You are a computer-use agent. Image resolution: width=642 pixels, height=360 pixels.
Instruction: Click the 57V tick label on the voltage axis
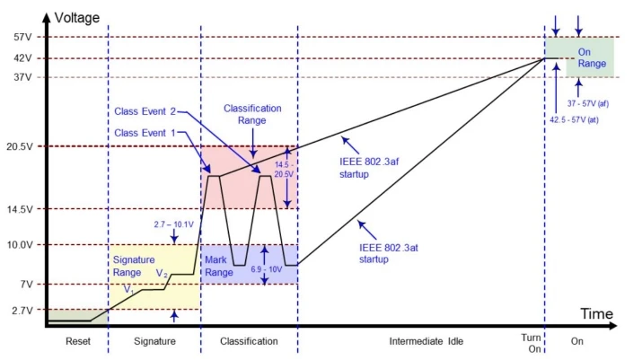[22, 38]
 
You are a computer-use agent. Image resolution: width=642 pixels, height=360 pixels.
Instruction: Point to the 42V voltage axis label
[22, 58]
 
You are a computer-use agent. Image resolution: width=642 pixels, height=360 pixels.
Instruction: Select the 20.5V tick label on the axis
[19, 146]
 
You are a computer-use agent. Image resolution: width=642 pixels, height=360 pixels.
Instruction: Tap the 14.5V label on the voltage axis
[19, 209]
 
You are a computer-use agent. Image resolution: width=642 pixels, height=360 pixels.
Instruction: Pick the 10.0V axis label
[19, 244]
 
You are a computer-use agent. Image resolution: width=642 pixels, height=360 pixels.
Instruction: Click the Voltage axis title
[77, 17]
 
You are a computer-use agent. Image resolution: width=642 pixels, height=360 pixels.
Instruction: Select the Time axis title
[595, 314]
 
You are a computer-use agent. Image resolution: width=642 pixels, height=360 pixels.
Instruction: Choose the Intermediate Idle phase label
[420, 341]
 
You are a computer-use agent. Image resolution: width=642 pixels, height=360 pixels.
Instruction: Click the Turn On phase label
[530, 341]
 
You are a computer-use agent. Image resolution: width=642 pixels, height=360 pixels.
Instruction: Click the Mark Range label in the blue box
[220, 265]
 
